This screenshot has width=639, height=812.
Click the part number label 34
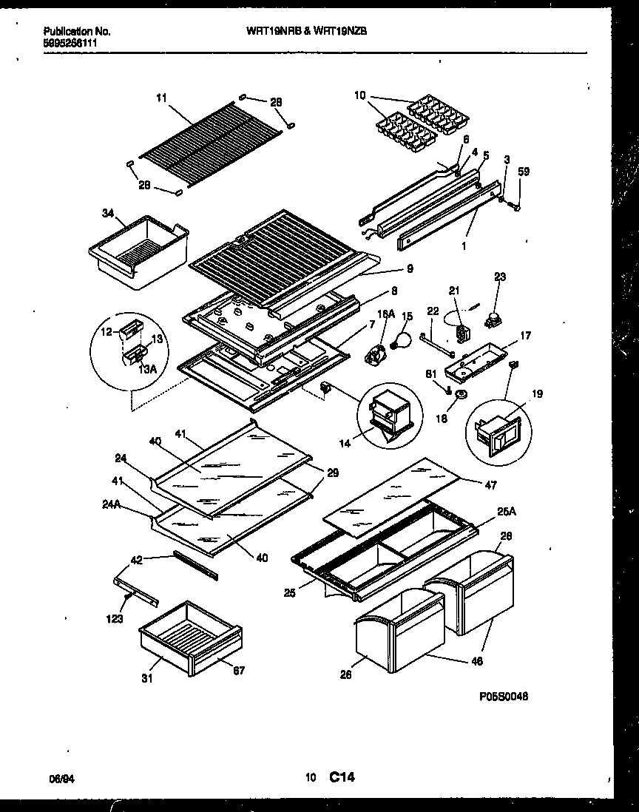tap(107, 213)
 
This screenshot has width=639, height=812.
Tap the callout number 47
tap(491, 485)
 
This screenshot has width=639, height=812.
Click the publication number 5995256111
tap(69, 43)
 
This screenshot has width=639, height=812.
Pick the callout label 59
tap(524, 172)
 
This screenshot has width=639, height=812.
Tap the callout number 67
tap(238, 671)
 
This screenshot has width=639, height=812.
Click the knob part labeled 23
tap(491, 321)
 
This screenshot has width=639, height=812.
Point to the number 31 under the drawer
tap(147, 677)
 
